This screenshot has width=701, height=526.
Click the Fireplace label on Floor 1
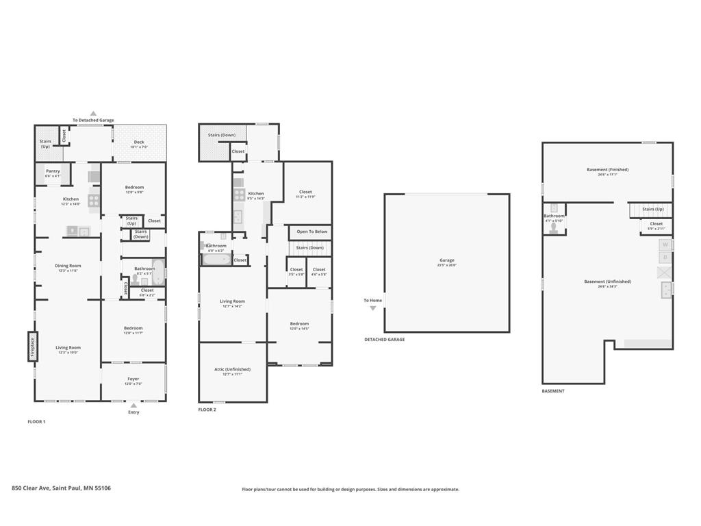coord(31,346)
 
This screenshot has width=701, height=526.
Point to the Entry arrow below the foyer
coord(133,405)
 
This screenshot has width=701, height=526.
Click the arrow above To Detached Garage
coord(93,114)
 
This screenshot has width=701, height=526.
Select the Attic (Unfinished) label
coord(233,371)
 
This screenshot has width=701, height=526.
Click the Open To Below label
coord(311,231)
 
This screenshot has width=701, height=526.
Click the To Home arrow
coord(373,308)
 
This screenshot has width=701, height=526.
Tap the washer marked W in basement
coord(664,245)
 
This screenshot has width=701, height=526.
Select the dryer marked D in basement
coord(664,258)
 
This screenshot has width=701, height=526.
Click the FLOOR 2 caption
coord(207,410)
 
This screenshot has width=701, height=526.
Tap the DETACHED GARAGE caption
coord(384,340)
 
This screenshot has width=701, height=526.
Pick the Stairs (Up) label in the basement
coord(652,209)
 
